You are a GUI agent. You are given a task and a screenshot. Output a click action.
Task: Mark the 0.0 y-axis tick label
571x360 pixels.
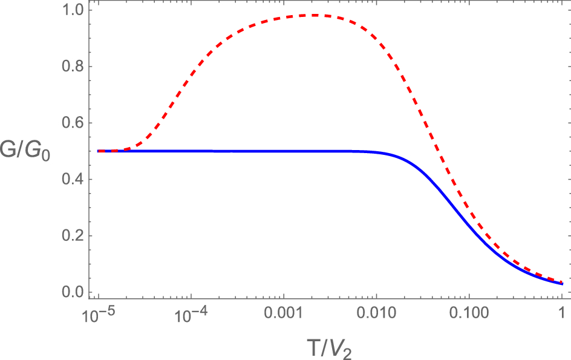pos(71,292)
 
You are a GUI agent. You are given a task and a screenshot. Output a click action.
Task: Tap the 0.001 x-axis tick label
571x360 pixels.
pos(284,314)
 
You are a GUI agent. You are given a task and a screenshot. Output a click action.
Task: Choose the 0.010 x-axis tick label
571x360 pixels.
pos(376,314)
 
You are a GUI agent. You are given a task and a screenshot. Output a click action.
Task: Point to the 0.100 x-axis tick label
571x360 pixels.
pos(469,314)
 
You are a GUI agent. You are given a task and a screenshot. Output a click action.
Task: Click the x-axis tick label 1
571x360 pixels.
pos(562,314)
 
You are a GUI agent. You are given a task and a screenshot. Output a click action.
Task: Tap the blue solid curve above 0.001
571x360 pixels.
pos(284,151)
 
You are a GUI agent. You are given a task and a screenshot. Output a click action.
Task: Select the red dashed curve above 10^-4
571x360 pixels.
pos(191,77)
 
